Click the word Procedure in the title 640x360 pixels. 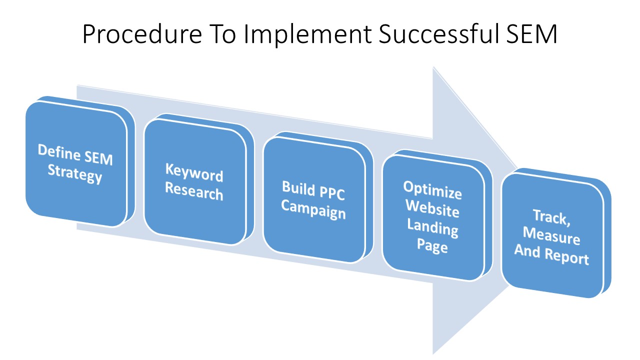click(x=142, y=34)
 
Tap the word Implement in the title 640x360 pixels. click(x=308, y=34)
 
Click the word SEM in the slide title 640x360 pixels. click(x=531, y=34)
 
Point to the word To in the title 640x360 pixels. click(x=222, y=34)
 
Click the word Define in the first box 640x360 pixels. click(x=59, y=152)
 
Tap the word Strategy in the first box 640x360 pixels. click(x=75, y=173)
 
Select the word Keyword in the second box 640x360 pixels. click(x=194, y=172)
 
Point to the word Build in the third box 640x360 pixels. click(x=298, y=188)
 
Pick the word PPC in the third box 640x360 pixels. click(x=332, y=193)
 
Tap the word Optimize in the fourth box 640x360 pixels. click(x=432, y=190)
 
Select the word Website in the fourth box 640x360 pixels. click(x=432, y=208)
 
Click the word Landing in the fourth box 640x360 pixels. click(x=432, y=227)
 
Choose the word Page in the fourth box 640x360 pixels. click(x=432, y=246)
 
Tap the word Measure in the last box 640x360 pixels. click(x=551, y=236)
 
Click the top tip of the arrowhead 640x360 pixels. click(x=433, y=67)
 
